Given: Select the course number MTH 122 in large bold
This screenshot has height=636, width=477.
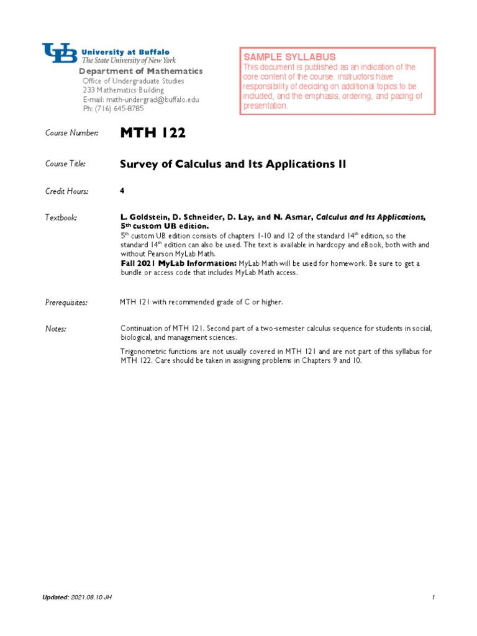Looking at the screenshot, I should click(x=152, y=132).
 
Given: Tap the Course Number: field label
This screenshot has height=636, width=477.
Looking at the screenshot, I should click(x=71, y=133).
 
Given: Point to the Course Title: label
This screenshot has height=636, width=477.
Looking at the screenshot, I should click(x=65, y=164).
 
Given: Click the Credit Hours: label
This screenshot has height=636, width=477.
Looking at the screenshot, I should click(x=67, y=191).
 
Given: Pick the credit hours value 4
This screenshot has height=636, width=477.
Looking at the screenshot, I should click(x=122, y=191).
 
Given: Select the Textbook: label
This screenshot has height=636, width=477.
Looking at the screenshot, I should click(x=61, y=218).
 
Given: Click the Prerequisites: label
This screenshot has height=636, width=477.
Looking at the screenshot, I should click(x=66, y=302).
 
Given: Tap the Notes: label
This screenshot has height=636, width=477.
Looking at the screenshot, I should click(x=56, y=328).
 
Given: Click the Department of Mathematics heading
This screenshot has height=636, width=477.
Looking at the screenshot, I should click(x=140, y=71).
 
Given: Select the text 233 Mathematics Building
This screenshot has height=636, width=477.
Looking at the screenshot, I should click(x=123, y=90).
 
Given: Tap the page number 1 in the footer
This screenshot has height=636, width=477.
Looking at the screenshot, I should click(x=433, y=597).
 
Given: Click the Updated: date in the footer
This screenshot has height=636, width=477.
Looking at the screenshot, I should click(x=77, y=597).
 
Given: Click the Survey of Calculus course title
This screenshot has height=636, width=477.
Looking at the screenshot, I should click(x=232, y=164).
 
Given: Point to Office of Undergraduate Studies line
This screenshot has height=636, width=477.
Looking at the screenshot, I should click(x=133, y=81).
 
